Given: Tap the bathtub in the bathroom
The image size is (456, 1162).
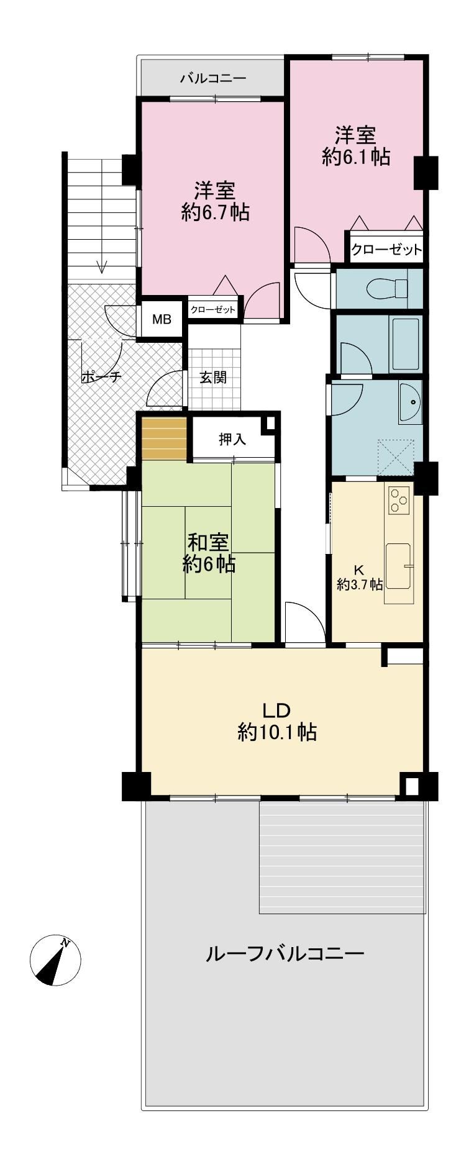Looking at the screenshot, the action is (405, 344).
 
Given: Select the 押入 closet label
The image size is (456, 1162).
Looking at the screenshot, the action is (232, 439).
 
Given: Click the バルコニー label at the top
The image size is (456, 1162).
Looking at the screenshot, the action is (213, 79).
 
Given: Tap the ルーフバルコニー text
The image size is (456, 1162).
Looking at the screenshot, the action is (285, 953).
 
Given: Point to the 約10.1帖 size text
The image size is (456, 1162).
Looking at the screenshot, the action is (277, 732).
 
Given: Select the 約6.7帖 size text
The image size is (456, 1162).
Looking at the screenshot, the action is (216, 212).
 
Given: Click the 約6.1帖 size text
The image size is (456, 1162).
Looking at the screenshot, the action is (356, 157).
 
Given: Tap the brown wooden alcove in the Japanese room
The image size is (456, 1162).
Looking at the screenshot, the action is (165, 438).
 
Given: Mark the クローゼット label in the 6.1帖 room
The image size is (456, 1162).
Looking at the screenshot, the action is (386, 250).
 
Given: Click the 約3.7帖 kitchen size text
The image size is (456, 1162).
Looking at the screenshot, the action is (360, 584).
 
